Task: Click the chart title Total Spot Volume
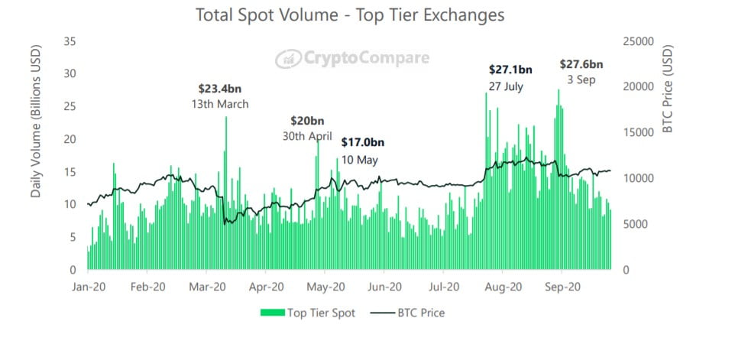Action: pos(350,15)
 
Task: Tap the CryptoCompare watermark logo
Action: pos(352,58)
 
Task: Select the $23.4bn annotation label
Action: pos(220,89)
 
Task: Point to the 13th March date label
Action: pos(220,104)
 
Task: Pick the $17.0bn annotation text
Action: pos(362,142)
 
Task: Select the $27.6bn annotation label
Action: pos(581,64)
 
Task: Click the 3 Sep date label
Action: pos(581,80)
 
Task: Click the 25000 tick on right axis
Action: pos(636,41)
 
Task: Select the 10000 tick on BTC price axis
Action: pos(636,178)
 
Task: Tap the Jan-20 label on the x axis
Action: pos(88,287)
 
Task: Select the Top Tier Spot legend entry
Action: pos(308,313)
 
